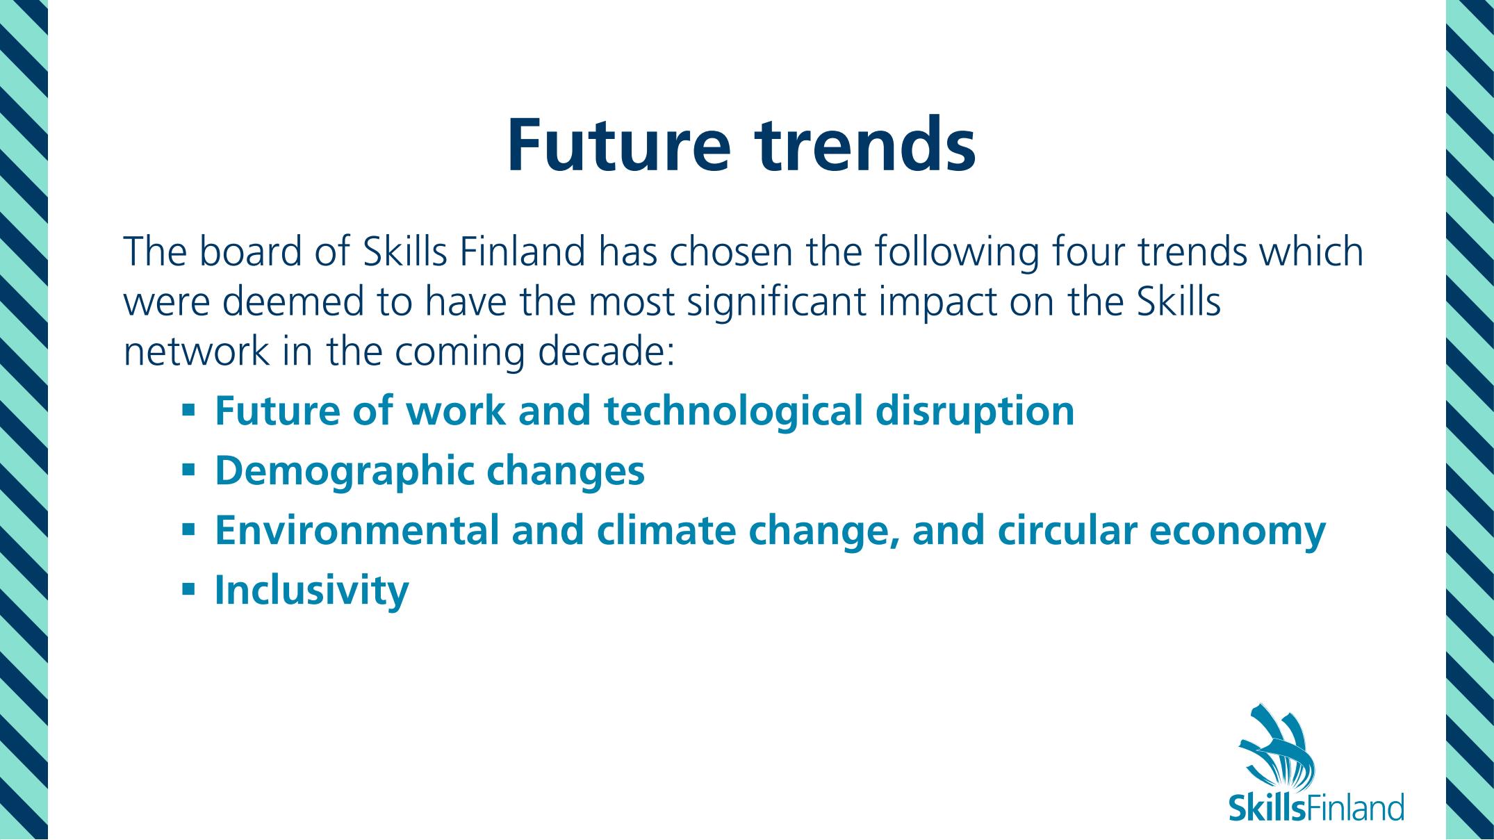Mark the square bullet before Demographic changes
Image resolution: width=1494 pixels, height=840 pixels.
pos(188,470)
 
